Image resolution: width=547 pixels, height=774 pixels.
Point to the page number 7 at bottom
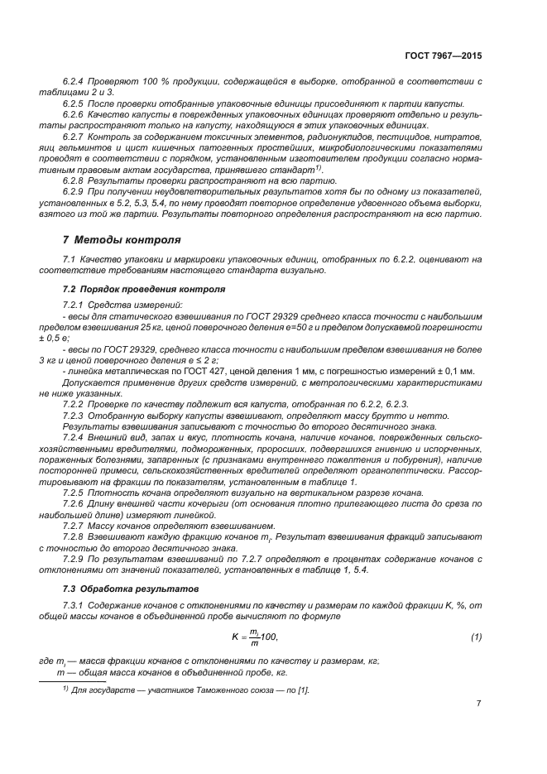(479, 704)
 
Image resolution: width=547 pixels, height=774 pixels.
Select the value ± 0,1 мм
(452, 371)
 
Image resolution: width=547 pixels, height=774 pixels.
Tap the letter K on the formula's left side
(234, 637)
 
